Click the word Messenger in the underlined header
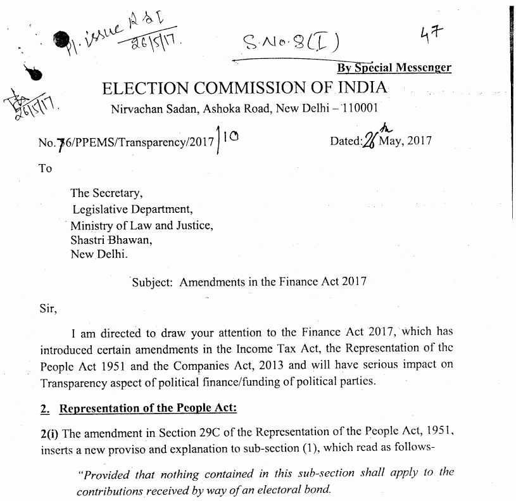[x=424, y=68]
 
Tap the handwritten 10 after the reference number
[x=234, y=136]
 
